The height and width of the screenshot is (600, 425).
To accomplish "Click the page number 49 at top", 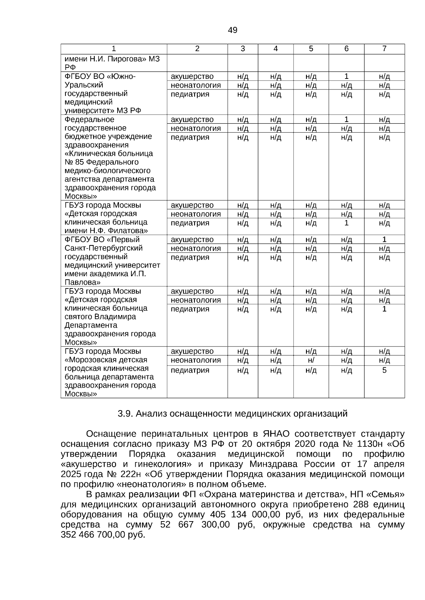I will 233,30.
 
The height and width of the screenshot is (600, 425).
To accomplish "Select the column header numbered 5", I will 311,49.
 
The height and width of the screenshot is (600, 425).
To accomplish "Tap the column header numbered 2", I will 197,49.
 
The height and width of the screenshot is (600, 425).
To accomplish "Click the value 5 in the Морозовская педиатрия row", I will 384,370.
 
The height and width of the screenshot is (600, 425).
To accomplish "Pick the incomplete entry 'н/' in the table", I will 311,360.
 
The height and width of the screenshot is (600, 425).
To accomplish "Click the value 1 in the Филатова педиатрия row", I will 346,223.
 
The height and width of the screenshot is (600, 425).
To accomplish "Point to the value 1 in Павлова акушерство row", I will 384,240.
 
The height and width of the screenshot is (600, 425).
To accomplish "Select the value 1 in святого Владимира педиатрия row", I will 384,309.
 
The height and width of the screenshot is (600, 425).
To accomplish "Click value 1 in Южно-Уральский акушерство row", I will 346,76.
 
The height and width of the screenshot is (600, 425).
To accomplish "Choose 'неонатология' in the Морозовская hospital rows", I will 195,360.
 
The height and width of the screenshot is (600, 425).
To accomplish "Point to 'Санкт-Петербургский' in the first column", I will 103,248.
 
